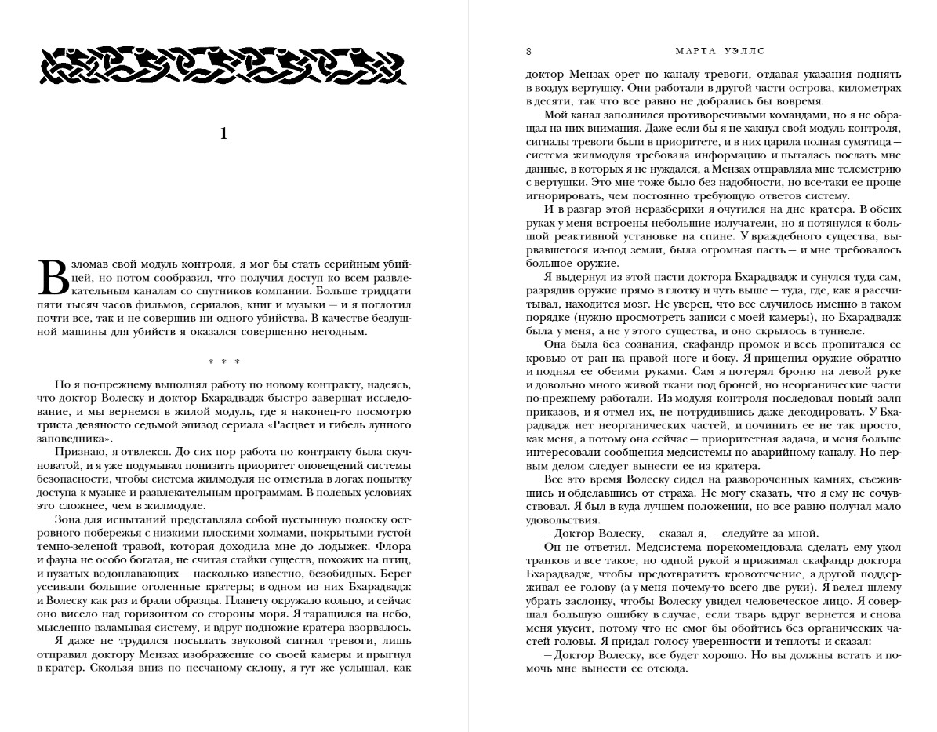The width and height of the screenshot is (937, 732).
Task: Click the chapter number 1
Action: point(223,134)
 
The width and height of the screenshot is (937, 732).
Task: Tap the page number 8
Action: point(529,53)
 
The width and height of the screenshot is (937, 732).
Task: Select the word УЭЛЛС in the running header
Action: point(745,53)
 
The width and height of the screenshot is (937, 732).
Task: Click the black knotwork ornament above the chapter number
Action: point(223,65)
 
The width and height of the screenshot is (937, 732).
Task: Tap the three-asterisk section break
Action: point(223,362)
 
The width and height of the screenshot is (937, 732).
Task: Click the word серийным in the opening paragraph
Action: point(349,264)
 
